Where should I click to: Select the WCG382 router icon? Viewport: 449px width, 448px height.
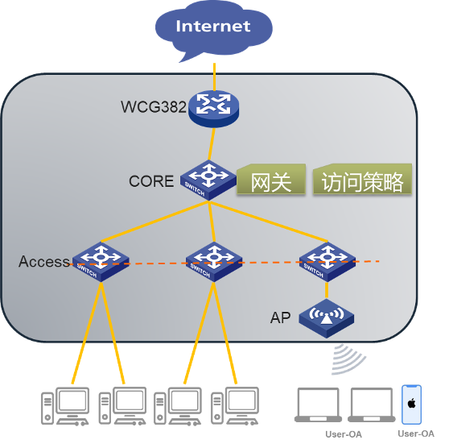tap(213, 109)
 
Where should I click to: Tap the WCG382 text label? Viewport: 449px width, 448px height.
tap(154, 106)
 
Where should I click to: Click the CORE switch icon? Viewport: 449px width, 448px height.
tap(208, 180)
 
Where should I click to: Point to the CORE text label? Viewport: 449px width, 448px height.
tap(151, 181)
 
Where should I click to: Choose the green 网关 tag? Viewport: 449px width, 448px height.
tap(271, 180)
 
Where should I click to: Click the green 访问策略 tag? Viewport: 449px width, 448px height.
tap(362, 180)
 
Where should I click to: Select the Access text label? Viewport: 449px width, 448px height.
tap(44, 262)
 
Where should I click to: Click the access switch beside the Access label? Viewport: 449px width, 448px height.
tap(101, 262)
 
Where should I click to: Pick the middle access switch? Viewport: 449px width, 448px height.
tap(214, 262)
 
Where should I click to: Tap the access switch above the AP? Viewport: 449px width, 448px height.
tap(327, 262)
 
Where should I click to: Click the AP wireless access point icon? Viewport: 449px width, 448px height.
tap(327, 318)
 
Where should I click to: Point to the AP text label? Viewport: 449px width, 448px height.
tap(280, 317)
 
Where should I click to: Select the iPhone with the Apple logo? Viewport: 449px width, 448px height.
tap(411, 404)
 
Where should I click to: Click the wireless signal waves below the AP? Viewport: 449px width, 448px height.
tap(348, 359)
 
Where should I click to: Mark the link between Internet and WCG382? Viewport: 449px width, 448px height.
tap(214, 77)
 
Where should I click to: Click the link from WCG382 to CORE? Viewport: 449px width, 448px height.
tap(212, 144)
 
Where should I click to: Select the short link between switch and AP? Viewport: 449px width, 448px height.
tap(327, 290)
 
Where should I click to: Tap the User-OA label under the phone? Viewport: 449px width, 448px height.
tap(416, 433)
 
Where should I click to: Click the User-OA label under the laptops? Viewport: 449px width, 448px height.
tap(344, 434)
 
